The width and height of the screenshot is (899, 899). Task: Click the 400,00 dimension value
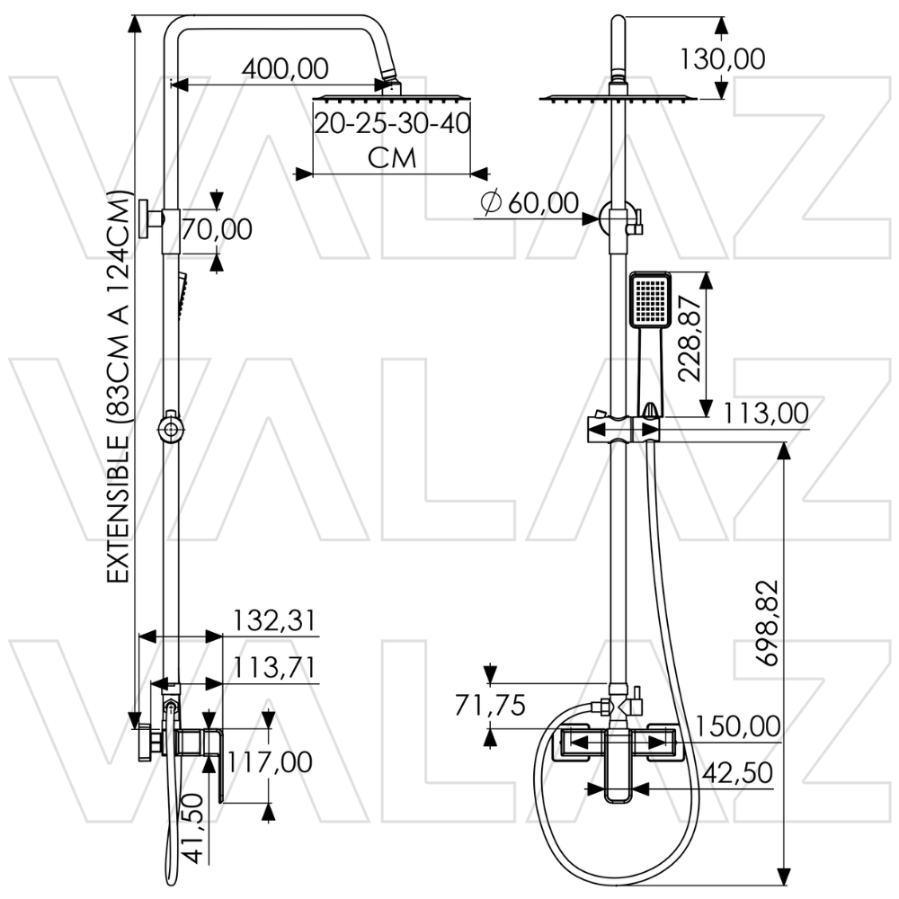[285, 67]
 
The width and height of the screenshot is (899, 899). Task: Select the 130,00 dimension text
[722, 59]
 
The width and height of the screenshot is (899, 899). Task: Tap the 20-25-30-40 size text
[393, 123]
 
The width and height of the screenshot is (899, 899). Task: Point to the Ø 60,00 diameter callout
[530, 204]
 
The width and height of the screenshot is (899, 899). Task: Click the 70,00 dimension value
[217, 229]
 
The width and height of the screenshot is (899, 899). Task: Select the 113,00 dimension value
[765, 414]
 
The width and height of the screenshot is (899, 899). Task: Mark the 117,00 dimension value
[271, 762]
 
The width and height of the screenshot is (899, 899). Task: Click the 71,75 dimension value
[491, 706]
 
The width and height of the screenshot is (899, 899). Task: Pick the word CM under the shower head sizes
[393, 158]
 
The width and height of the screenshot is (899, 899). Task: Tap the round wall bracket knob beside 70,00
[147, 218]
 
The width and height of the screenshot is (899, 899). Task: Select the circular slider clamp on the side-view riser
[169, 429]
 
